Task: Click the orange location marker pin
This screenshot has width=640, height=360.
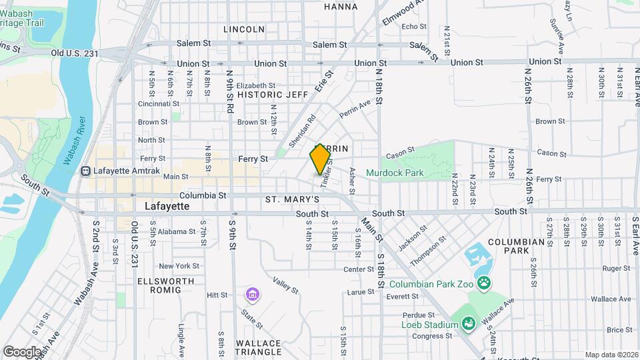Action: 321,159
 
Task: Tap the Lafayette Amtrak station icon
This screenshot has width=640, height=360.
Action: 85,171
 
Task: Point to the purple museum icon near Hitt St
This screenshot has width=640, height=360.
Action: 252,294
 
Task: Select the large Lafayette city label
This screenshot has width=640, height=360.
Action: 167,207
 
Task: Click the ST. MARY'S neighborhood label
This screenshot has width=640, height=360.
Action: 292,199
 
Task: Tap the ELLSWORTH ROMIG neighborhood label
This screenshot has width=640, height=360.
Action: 167,285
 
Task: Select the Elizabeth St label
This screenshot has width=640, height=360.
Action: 256,85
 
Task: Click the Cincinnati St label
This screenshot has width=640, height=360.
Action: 159,103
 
